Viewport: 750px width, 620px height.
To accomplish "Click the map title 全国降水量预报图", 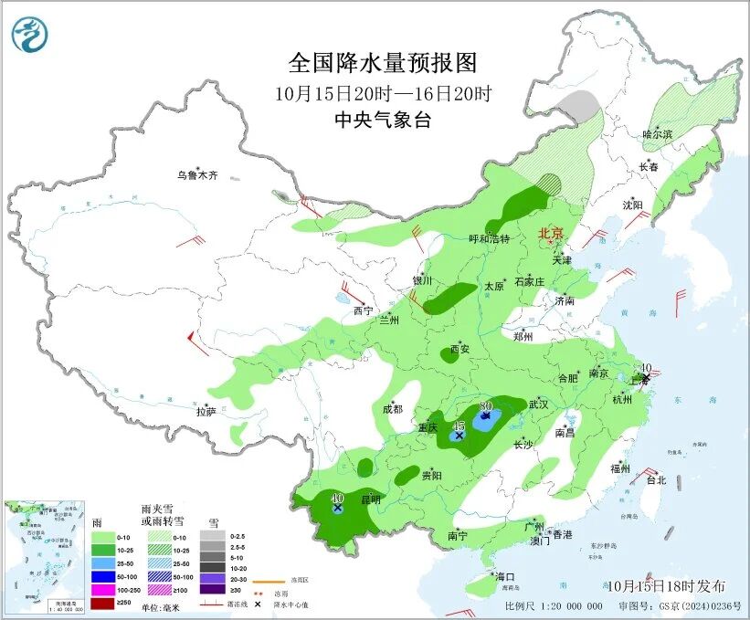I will [383, 63].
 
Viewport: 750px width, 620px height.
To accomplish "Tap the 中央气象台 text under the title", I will [382, 121].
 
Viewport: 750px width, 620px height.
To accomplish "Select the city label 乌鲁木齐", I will [197, 174].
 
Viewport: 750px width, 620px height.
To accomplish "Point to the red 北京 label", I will [551, 233].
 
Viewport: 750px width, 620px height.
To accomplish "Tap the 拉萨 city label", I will [206, 412].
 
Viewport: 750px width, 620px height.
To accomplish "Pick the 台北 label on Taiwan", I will [656, 479].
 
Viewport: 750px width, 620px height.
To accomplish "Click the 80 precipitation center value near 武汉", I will [486, 405].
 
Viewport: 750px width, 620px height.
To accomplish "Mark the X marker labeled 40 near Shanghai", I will [646, 377].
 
